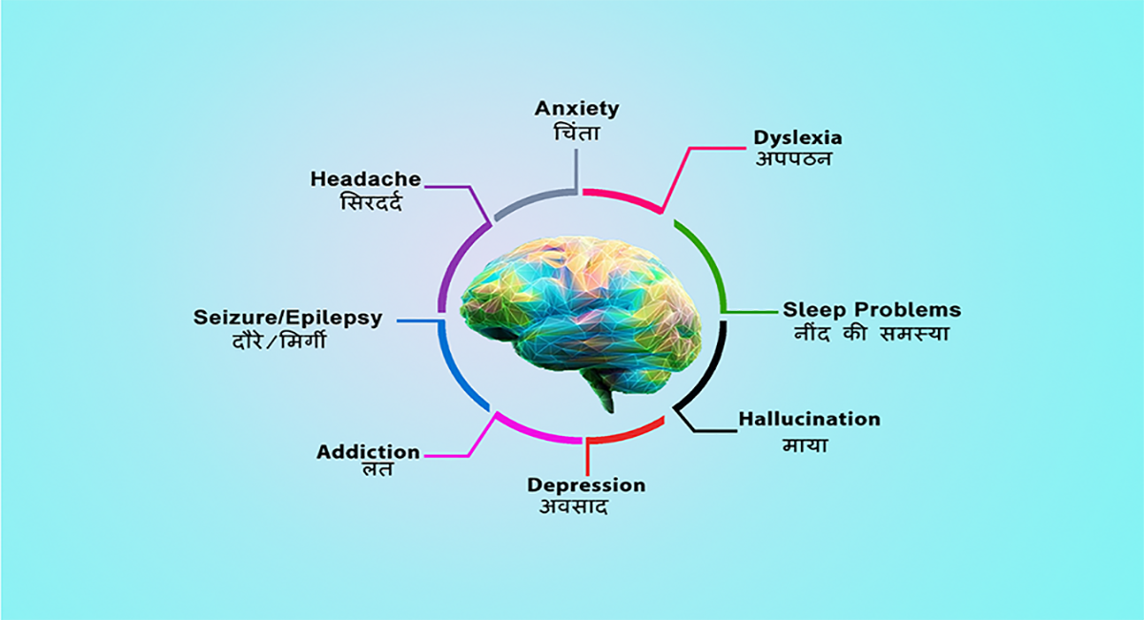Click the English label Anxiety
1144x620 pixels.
[577, 110]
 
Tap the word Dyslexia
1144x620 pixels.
[798, 138]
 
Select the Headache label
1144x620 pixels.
[366, 179]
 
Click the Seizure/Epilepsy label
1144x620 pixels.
[288, 318]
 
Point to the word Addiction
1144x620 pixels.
[368, 452]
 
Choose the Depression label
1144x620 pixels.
[586, 486]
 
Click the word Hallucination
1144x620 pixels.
[809, 419]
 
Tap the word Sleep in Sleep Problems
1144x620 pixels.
[814, 310]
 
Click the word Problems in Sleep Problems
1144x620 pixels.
[908, 310]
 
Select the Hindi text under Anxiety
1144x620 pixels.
[577, 133]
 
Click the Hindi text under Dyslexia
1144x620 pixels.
[793, 159]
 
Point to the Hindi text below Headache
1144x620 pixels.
[371, 201]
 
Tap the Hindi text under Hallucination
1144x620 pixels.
[806, 445]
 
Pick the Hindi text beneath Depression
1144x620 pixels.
[574, 507]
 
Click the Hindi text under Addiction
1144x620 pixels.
[378, 469]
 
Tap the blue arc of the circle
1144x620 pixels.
[455, 369]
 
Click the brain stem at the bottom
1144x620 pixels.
[603, 395]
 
